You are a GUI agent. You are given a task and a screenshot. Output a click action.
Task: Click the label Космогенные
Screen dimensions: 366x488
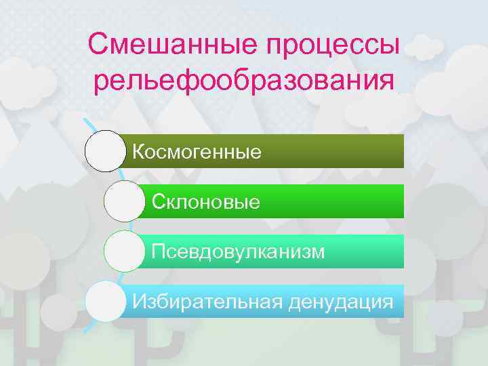[197, 152]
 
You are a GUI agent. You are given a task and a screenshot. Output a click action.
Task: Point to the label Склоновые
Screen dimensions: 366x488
[206, 201]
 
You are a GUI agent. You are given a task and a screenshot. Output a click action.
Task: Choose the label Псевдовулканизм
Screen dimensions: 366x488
[239, 251]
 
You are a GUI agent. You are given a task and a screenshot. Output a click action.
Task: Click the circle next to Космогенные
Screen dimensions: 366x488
[106, 150]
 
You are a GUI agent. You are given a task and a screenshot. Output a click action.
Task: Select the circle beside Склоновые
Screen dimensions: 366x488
[125, 201]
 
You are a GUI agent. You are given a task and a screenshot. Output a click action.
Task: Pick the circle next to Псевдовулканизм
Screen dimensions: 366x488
[125, 251]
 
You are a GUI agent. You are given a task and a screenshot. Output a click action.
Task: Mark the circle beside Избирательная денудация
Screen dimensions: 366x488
[106, 301]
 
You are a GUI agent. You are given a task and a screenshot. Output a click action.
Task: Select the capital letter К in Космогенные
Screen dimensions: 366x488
[138, 152]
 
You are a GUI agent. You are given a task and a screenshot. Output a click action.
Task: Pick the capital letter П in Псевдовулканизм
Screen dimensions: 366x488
[158, 251]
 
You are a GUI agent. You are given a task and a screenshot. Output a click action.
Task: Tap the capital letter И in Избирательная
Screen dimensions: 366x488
[139, 301]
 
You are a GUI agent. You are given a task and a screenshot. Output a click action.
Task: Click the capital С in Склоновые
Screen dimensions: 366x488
[159, 201]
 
